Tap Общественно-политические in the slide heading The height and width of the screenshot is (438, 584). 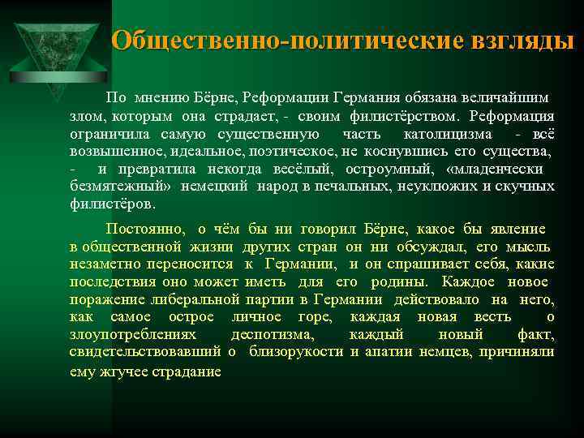click(x=281, y=41)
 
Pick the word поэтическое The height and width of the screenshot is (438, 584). click(x=290, y=151)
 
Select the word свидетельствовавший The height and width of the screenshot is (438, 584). click(x=146, y=351)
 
